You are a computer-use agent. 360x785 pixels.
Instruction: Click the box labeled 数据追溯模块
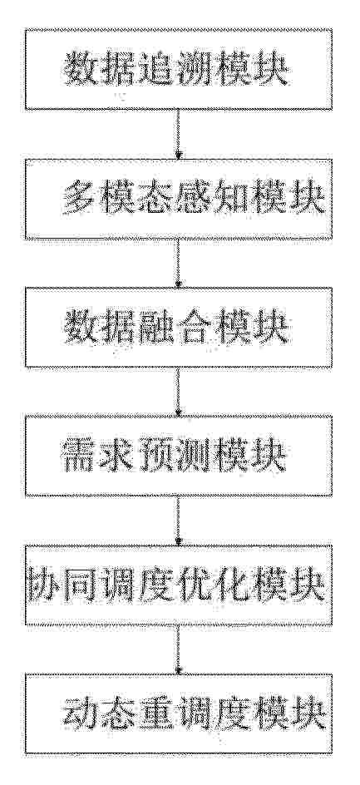179,70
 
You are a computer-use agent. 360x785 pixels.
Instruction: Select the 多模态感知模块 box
179,199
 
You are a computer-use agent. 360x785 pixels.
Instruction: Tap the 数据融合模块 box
179,328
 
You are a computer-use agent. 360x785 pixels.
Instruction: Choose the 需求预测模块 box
179,456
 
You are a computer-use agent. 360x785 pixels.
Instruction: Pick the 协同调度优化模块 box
179,585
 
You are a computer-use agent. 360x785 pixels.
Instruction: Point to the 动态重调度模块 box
179,713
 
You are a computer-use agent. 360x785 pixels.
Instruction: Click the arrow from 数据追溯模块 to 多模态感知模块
178,134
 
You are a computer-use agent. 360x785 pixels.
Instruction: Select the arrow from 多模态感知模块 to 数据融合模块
178,264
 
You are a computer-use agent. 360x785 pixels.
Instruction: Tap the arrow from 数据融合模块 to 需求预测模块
178,392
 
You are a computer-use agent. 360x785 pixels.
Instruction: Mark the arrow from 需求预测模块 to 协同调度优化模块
178,521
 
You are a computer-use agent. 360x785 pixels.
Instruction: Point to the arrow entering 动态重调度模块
178,649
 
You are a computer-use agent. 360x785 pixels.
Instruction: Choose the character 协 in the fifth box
46,585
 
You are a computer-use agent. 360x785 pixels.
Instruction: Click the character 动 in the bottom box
81,713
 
